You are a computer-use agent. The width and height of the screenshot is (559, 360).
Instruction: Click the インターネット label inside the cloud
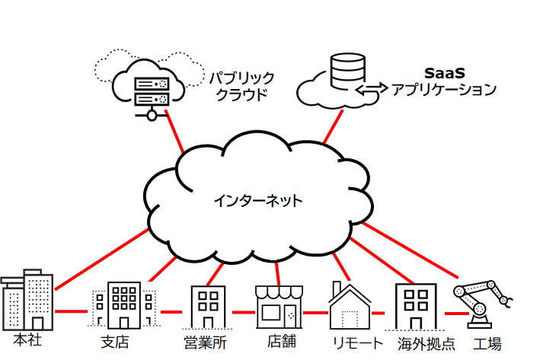257,202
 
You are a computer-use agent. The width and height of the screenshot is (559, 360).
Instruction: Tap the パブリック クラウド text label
241,87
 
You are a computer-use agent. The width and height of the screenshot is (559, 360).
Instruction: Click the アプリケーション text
443,90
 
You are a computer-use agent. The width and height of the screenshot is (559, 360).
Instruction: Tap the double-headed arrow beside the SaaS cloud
371,89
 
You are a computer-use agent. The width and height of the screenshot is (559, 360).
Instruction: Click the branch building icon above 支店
123,304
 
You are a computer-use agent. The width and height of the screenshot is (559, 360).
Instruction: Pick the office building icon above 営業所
206,307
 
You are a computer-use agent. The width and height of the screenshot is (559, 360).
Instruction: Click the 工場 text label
487,342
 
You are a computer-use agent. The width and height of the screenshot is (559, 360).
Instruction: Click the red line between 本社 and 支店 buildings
72,311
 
